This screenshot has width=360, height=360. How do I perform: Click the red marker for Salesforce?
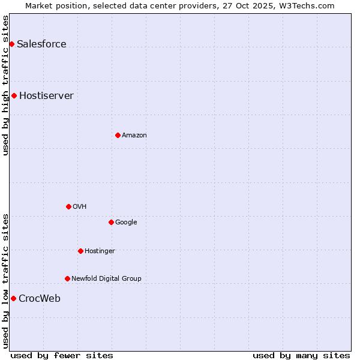click(11, 44)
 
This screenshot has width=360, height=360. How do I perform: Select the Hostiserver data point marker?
click(14, 95)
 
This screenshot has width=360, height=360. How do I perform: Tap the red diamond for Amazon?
click(118, 135)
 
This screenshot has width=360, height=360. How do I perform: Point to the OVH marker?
click(68, 206)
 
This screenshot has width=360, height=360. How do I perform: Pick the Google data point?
click(111, 222)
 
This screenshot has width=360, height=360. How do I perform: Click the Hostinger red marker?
click(80, 251)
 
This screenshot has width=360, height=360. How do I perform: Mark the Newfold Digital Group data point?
click(67, 278)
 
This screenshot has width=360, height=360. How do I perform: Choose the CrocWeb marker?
click(13, 298)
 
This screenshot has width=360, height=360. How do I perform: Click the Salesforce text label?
click(41, 44)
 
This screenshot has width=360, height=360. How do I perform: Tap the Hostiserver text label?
click(46, 95)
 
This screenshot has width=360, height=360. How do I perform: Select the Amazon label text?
click(134, 135)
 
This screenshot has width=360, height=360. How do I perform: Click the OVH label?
click(80, 206)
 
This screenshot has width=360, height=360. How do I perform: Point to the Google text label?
click(126, 222)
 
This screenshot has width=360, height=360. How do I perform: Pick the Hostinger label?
click(100, 251)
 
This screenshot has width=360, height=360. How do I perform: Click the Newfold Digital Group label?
click(106, 278)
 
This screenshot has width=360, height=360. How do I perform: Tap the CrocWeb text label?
click(40, 298)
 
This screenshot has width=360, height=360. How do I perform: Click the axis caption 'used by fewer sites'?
click(62, 355)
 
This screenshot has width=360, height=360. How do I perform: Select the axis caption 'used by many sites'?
click(301, 355)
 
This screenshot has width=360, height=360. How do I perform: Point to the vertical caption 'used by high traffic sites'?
click(5, 85)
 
